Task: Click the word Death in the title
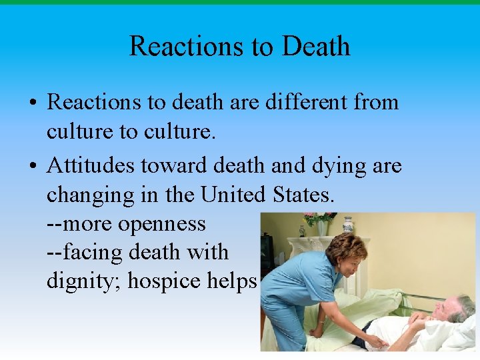point(315,46)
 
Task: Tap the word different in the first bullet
point(297,102)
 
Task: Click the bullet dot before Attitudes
point(32,166)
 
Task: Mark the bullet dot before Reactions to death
point(32,103)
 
